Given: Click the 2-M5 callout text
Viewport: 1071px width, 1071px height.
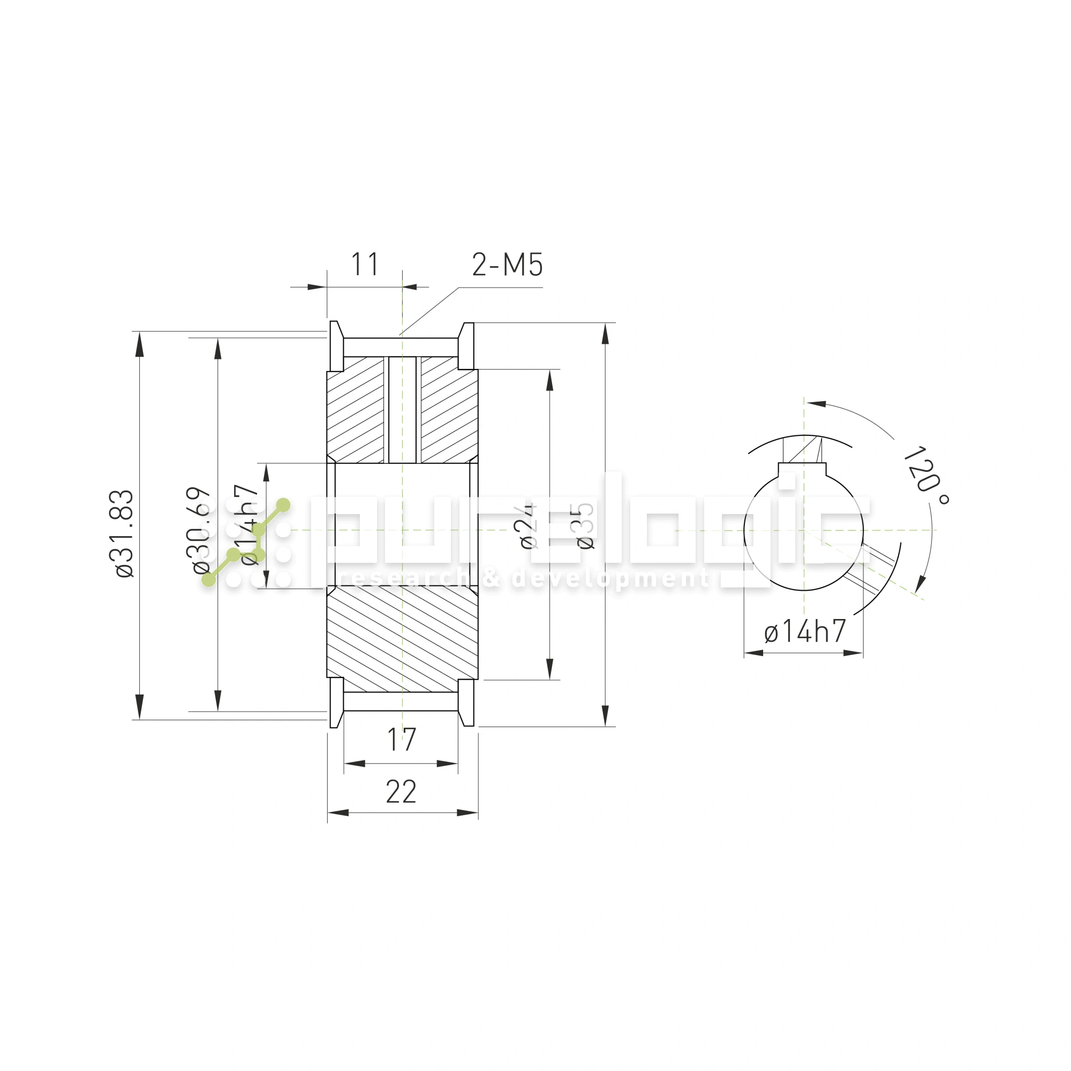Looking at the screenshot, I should click(x=507, y=265).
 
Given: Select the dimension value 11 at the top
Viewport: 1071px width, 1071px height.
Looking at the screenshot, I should click(x=365, y=265).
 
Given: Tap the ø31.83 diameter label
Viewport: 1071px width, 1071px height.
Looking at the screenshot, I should click(x=124, y=534).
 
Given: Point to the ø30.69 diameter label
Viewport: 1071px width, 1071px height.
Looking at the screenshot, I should click(x=201, y=530).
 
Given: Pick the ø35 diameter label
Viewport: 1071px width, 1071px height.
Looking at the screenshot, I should click(x=585, y=525).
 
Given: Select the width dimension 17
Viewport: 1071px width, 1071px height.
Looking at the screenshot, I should click(x=401, y=740).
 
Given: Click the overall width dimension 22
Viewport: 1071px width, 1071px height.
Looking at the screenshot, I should click(x=401, y=791).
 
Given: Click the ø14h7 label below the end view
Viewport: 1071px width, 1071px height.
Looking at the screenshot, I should click(x=804, y=631).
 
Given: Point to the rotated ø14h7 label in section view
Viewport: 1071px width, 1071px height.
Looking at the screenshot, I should click(x=250, y=524).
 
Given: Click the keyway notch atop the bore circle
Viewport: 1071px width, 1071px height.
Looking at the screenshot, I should click(x=802, y=470).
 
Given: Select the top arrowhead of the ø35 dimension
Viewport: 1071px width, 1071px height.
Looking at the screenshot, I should click(x=605, y=334).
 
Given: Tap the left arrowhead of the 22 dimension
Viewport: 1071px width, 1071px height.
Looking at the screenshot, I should click(x=337, y=813).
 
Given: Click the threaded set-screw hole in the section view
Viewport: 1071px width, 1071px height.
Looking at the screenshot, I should click(x=402, y=410).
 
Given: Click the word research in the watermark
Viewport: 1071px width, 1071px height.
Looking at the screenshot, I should click(x=407, y=579).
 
